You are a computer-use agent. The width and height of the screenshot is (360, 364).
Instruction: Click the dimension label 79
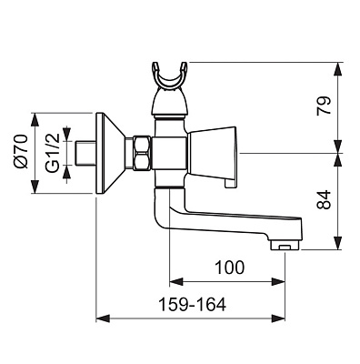(x=323, y=106)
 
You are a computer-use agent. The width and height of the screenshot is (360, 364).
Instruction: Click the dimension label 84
(x=323, y=199)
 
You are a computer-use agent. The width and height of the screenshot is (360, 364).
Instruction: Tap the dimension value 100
(x=229, y=268)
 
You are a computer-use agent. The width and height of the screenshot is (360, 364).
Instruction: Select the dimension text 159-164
(x=193, y=305)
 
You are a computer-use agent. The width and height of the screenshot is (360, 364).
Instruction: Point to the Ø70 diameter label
(x=21, y=151)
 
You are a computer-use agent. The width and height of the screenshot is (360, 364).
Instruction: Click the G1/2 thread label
(x=53, y=153)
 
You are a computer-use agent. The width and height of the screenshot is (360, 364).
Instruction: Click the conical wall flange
(x=110, y=153)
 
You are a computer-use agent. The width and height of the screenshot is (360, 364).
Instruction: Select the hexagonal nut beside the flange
(x=141, y=153)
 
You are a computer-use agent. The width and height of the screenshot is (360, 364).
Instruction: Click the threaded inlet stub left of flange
(x=85, y=153)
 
